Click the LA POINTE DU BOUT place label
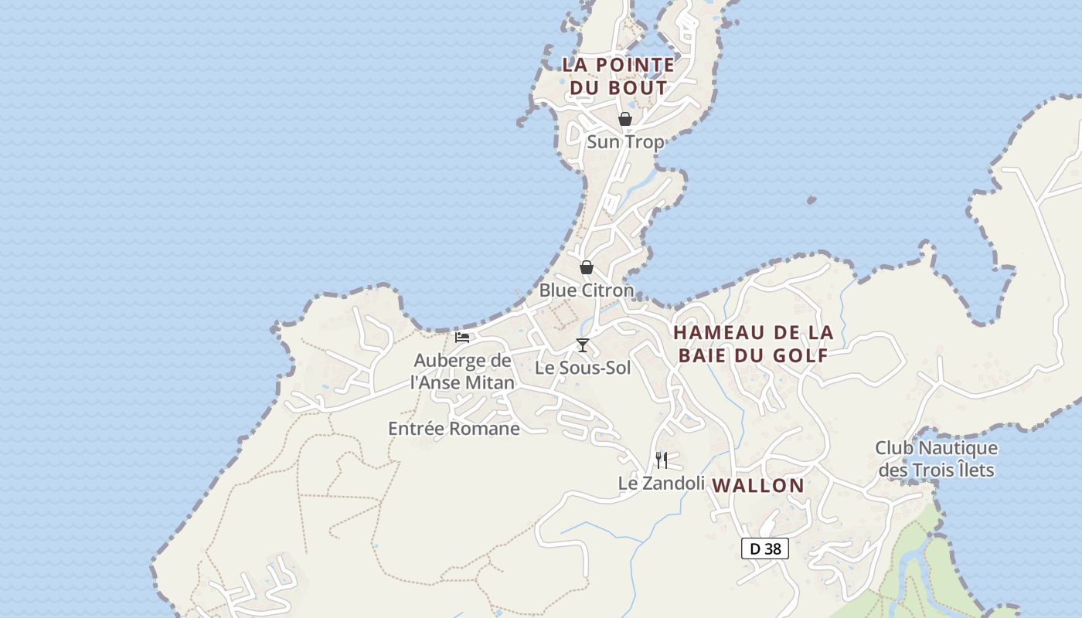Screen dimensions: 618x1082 coord(618,76)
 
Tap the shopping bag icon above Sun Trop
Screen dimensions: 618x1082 coord(625,119)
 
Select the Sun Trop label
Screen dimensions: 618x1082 coord(625,142)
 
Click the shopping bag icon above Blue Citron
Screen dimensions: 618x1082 coord(587,267)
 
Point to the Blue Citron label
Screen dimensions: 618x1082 coord(586,290)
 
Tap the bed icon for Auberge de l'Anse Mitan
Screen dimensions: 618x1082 coord(462,338)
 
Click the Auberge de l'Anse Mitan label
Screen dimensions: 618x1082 coord(462,372)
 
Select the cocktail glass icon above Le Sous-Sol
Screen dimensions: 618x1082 coord(583,345)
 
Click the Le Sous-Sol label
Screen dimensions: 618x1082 coord(583,368)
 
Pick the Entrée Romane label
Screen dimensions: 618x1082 coord(454,429)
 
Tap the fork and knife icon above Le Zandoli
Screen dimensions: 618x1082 coord(662,460)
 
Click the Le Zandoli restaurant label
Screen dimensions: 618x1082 coord(662,484)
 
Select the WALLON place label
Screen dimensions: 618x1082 coord(758,486)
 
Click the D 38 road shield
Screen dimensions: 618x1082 coord(765,548)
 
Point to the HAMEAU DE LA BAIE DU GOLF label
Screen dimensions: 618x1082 coord(753,344)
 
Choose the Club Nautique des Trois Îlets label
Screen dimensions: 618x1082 coord(936,459)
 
